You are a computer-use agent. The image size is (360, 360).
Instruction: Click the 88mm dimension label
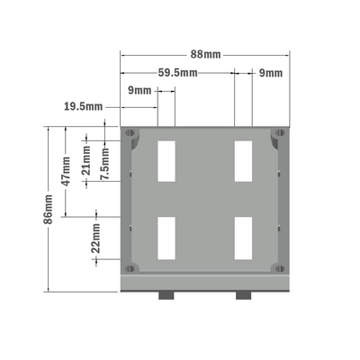click(206, 55)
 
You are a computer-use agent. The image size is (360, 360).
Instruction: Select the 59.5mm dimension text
click(177, 72)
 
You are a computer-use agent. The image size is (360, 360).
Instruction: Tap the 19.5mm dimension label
click(82, 106)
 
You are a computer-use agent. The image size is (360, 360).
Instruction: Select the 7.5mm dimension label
click(105, 164)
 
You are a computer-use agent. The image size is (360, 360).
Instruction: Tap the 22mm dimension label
click(96, 239)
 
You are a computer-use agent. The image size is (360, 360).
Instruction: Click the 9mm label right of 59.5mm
click(270, 72)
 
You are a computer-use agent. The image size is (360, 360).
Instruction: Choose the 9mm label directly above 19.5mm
click(139, 90)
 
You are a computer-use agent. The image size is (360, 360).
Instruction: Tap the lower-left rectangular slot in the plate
click(166, 237)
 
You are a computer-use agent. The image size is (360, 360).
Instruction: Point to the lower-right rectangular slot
click(242, 237)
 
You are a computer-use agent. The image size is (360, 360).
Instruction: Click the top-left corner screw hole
click(131, 134)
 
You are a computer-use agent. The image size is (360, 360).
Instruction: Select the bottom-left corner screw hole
click(131, 267)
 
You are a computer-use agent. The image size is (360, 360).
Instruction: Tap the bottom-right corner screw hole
click(276, 267)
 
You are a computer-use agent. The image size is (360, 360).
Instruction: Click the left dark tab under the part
click(167, 295)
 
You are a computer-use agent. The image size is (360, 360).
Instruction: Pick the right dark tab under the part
click(244, 295)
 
